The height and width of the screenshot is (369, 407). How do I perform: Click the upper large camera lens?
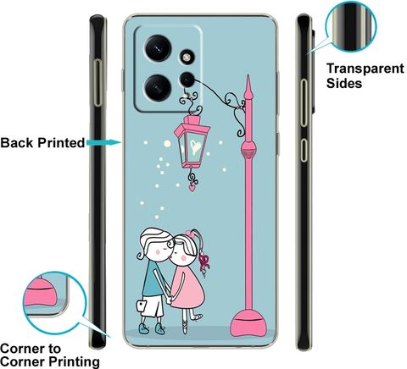point(158,48)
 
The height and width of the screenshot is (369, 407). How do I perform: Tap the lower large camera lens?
point(158,87)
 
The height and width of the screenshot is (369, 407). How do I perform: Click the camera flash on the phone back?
point(187,58)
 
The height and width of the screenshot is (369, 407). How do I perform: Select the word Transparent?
point(365,69)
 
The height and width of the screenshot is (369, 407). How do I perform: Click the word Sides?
point(344,83)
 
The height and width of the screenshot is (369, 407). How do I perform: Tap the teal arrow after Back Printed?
point(103,142)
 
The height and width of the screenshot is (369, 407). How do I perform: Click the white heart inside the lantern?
point(195,146)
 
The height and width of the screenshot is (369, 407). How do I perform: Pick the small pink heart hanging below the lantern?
point(192,188)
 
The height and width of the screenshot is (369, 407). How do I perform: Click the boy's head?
point(156,244)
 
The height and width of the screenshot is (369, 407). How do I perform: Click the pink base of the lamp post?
point(248,323)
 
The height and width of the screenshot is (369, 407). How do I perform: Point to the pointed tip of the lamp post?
point(248,75)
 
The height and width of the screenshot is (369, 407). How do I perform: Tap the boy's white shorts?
point(152,306)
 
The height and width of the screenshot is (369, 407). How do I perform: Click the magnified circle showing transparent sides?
point(350,26)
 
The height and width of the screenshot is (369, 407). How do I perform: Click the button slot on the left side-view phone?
point(98,82)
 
